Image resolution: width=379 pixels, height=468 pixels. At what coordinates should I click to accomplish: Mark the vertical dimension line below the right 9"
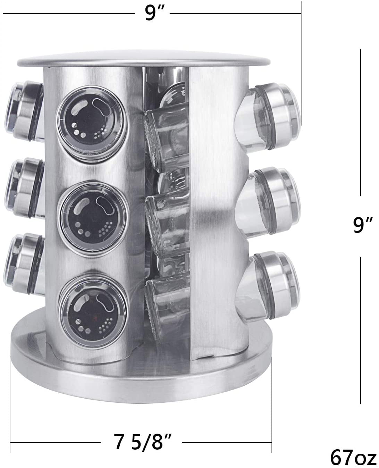tap(361, 330)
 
